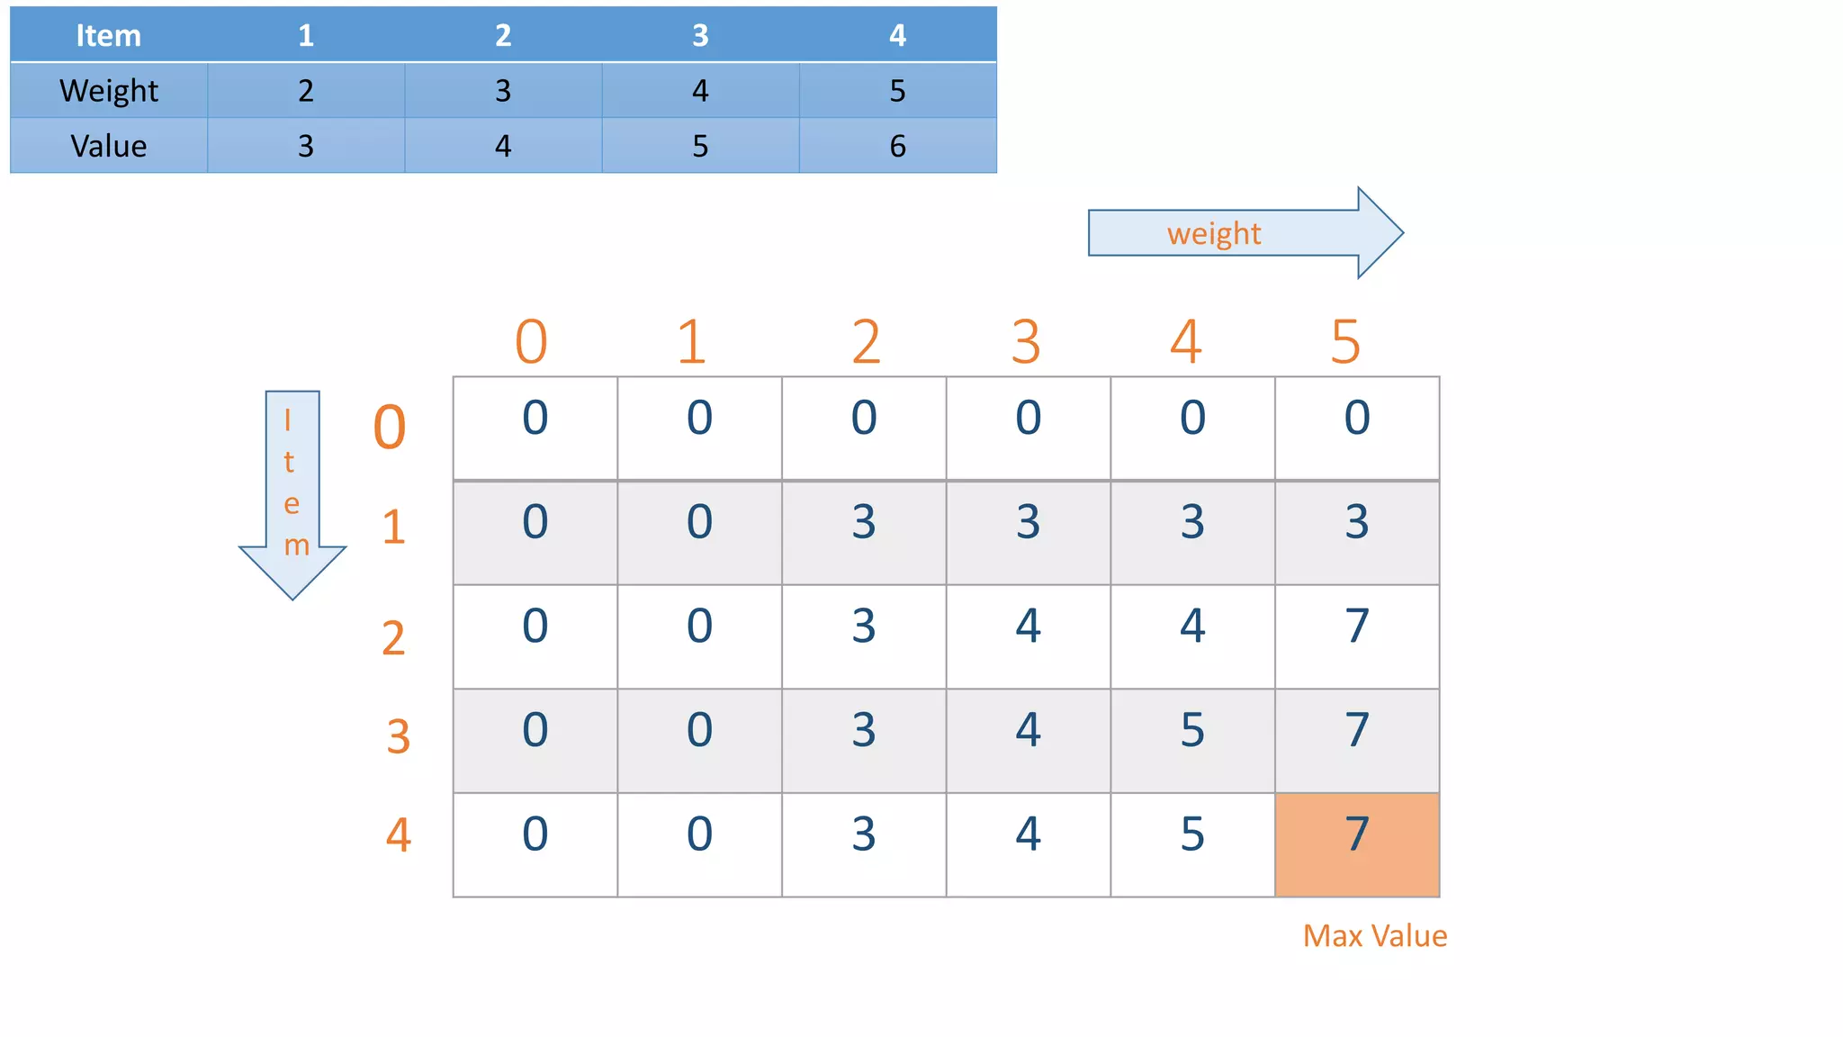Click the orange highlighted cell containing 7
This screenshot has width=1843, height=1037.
1357,843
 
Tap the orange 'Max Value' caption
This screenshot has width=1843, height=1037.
1374,936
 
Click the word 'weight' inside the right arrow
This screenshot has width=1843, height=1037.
1214,234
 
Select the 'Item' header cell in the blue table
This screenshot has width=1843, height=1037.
108,35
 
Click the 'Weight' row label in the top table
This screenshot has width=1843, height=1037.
108,91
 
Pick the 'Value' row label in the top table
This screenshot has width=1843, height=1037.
108,146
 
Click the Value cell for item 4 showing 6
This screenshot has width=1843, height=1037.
897,146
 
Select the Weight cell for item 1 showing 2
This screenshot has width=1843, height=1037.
306,91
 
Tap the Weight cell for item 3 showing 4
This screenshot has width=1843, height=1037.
700,91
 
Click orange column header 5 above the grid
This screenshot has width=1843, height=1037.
1345,342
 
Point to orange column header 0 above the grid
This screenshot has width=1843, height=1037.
531,342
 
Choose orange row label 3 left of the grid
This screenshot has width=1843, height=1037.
399,736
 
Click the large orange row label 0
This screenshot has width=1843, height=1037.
390,427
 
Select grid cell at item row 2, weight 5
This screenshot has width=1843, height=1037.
1357,636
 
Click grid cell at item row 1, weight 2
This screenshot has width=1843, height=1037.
864,532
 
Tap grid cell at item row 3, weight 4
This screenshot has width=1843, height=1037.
1192,740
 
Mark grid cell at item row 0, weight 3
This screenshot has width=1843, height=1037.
1029,428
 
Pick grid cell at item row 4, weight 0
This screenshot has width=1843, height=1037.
535,843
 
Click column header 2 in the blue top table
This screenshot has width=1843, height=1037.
503,35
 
